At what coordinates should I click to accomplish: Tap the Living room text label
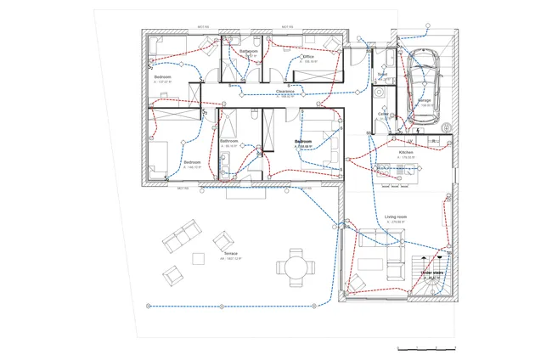pyautogui.click(x=397, y=217)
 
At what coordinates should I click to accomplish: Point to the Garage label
pyautogui.click(x=424, y=101)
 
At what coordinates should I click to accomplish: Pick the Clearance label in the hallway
pyautogui.click(x=285, y=91)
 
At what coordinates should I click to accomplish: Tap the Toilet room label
pyautogui.click(x=382, y=75)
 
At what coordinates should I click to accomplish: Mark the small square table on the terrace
pyautogui.click(x=199, y=258)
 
